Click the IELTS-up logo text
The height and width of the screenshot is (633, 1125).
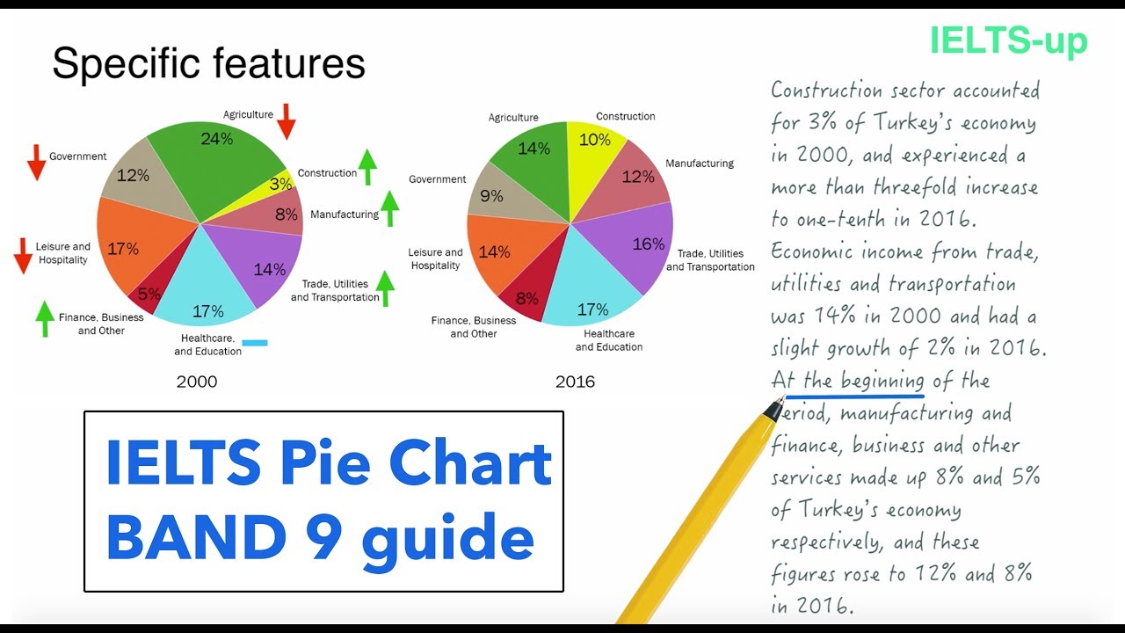tap(1008, 41)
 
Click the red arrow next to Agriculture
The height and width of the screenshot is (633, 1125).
tap(287, 121)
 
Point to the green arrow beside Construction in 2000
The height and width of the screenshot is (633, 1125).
tap(367, 166)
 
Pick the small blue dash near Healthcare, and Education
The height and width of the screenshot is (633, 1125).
tap(255, 342)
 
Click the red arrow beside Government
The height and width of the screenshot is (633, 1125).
tap(36, 163)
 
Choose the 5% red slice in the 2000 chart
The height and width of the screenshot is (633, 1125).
tap(147, 295)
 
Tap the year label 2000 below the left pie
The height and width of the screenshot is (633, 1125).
tap(197, 382)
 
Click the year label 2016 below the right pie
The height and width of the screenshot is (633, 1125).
tap(575, 382)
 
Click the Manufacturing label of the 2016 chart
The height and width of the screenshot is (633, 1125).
tap(700, 164)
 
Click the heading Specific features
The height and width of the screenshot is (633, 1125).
tap(208, 64)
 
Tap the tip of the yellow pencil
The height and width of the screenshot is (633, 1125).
tap(773, 408)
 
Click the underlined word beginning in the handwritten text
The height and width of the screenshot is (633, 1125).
tap(882, 381)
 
